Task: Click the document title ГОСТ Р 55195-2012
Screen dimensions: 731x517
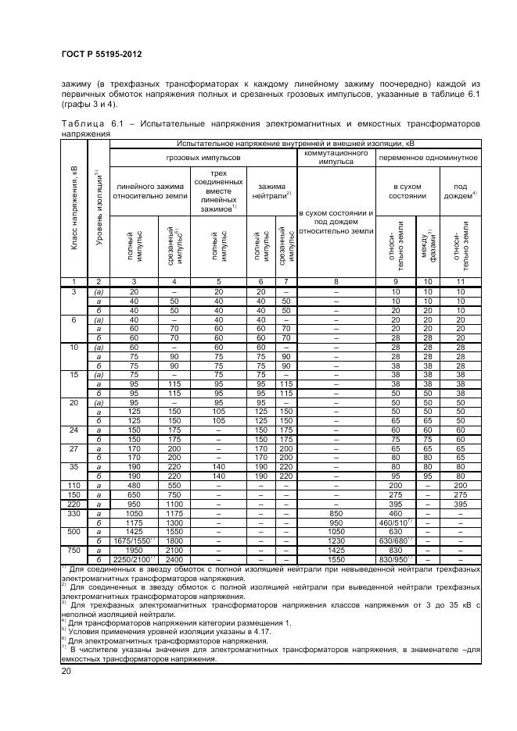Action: click(97, 55)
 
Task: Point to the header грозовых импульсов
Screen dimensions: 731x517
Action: click(203, 157)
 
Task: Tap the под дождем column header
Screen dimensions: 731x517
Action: click(461, 191)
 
